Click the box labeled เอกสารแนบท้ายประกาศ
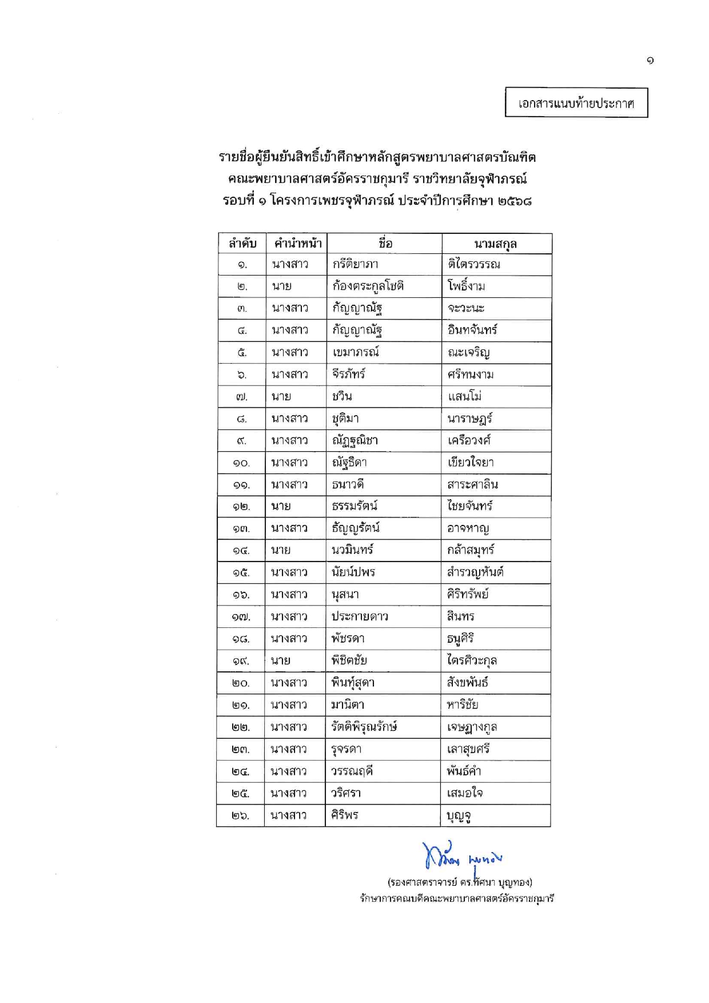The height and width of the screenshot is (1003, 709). (x=576, y=103)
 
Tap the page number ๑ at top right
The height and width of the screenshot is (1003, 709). (x=650, y=61)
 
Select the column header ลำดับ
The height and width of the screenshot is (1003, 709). (x=242, y=244)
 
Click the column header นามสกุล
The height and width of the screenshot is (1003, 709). (x=495, y=244)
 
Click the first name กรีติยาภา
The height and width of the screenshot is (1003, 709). (x=355, y=264)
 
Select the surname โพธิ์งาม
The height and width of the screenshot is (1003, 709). (x=467, y=286)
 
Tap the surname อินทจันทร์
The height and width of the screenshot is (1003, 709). (x=472, y=330)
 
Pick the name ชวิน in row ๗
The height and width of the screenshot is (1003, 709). (x=342, y=396)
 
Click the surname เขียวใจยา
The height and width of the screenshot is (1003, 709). (x=471, y=462)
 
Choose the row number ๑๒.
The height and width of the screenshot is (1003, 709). (x=241, y=507)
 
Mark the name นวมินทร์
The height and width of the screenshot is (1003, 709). (x=352, y=550)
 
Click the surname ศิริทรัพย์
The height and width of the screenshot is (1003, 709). (x=468, y=594)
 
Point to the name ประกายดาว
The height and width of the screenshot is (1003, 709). (x=360, y=616)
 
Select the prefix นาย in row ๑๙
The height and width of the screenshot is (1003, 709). (x=281, y=661)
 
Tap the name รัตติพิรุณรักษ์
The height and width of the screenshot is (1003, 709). (x=364, y=727)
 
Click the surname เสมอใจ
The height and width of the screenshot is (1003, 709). (x=465, y=793)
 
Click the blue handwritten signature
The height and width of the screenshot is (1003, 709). (x=461, y=856)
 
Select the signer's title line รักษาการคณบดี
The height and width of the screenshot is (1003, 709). (x=456, y=898)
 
